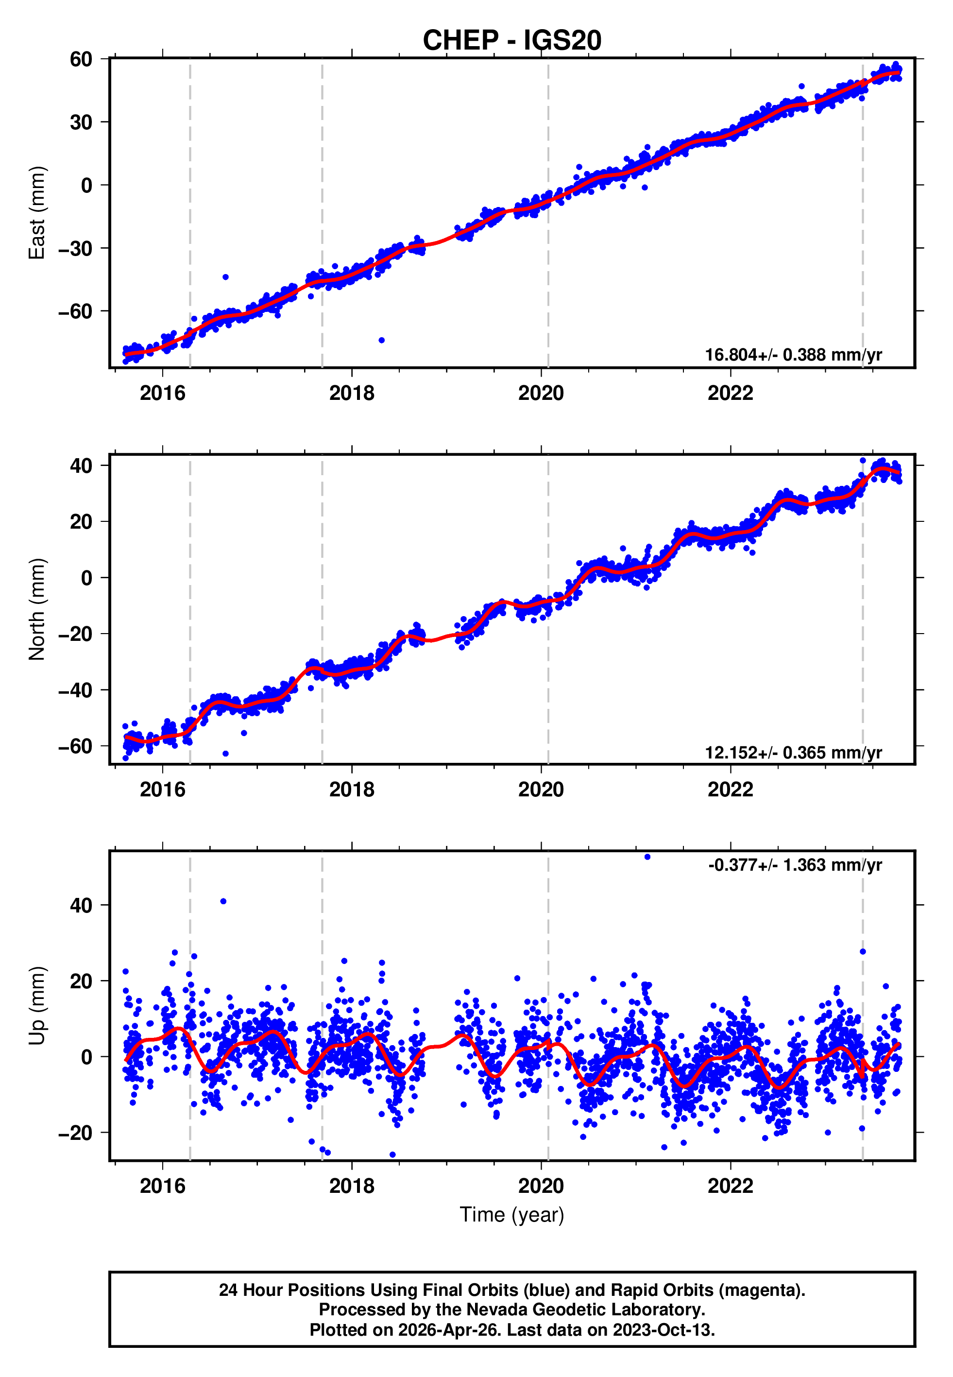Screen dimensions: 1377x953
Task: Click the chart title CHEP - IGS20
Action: (x=512, y=41)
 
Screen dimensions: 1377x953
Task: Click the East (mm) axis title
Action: (x=37, y=213)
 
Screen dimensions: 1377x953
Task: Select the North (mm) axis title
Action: (x=37, y=609)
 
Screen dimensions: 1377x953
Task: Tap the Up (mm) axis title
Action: (x=37, y=1006)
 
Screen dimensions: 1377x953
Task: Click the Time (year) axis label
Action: (x=512, y=1215)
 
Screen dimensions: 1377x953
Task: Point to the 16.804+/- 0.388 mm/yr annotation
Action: (x=793, y=355)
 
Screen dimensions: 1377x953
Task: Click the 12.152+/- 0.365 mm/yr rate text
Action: (x=793, y=752)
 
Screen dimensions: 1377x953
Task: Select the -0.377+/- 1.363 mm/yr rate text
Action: (x=795, y=865)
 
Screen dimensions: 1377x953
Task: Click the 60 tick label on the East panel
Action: (x=81, y=59)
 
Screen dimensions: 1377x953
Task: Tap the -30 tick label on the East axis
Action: (x=75, y=248)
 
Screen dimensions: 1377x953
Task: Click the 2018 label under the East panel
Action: (x=352, y=394)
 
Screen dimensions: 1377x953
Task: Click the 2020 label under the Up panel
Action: (x=541, y=1186)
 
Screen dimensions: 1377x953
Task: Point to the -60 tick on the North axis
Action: (x=75, y=746)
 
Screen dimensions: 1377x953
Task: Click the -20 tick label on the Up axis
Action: (x=75, y=1133)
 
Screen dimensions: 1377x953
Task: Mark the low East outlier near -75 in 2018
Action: (x=382, y=341)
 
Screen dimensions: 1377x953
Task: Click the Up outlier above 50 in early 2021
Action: (x=647, y=857)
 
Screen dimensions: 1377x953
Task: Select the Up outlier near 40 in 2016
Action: (x=223, y=902)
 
